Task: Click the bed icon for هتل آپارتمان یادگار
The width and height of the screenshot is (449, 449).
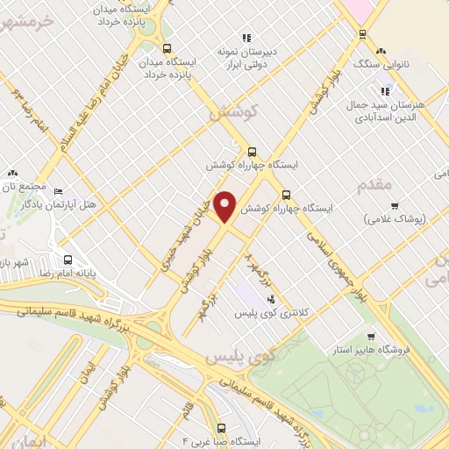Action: coord(59,192)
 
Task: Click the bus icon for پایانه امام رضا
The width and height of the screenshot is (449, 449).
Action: coord(69,260)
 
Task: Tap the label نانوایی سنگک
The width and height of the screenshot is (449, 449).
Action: coord(376,64)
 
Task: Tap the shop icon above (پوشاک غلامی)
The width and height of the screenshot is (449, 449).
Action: coord(394,206)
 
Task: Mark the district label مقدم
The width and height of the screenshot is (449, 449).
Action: coord(378,185)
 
